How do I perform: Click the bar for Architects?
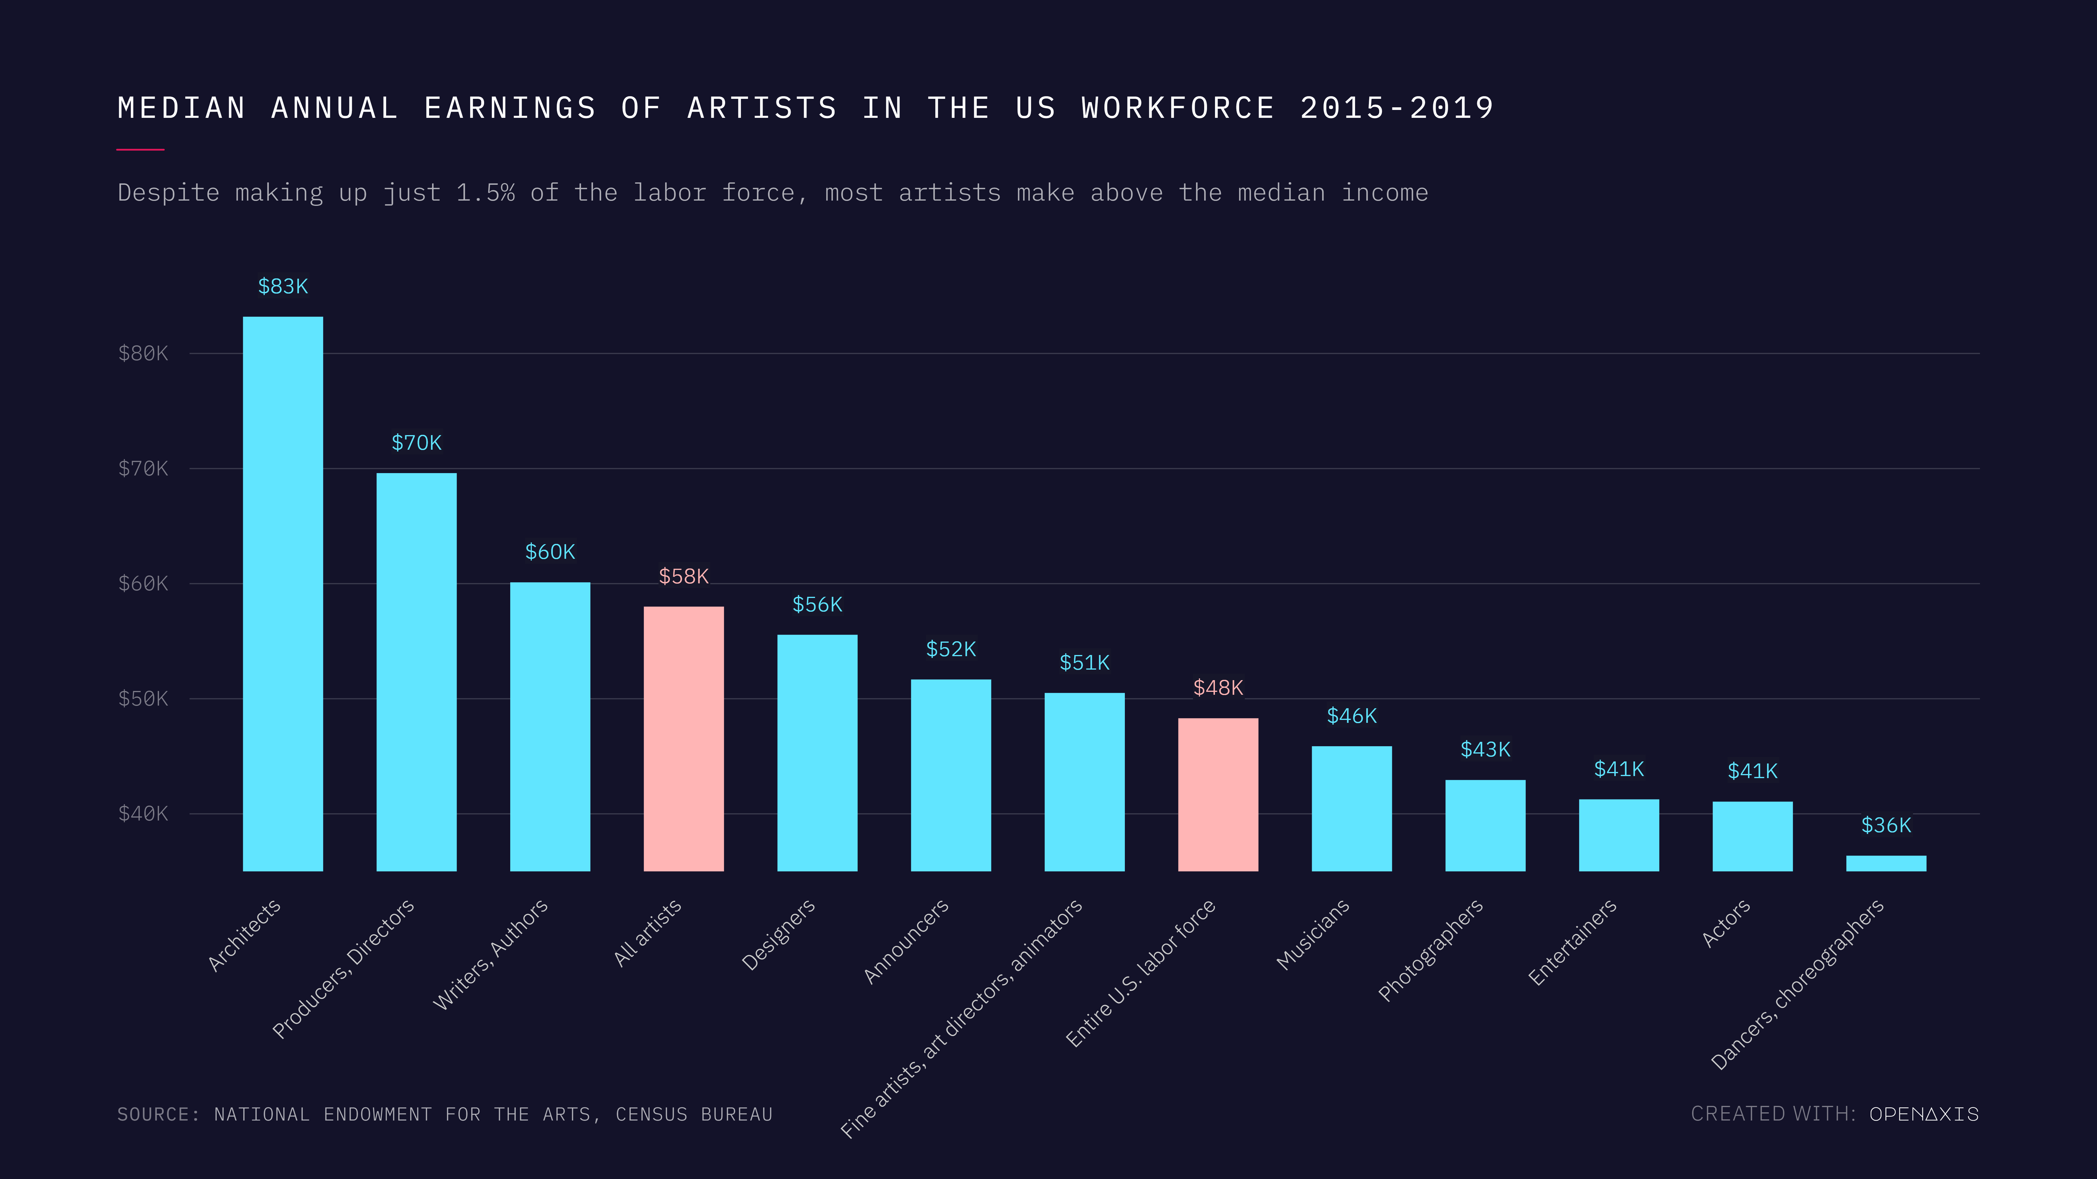[x=283, y=594]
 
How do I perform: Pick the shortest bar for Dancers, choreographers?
[x=1885, y=863]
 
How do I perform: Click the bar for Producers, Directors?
[x=416, y=671]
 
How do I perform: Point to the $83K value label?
[x=283, y=286]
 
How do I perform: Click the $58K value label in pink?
[x=683, y=576]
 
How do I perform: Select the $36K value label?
[x=1885, y=825]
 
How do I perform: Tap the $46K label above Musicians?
[x=1351, y=716]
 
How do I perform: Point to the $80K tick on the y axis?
[x=143, y=353]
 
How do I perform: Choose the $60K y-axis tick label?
[x=143, y=583]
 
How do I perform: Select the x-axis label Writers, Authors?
[x=490, y=954]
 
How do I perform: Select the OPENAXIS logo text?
[x=1924, y=1114]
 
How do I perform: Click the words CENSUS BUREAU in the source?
[x=694, y=1114]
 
